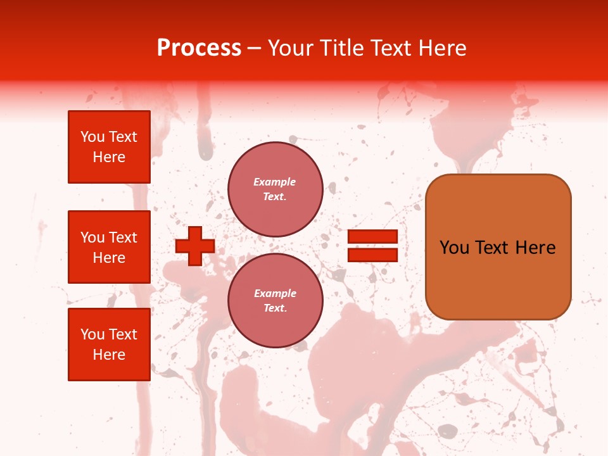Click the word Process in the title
click(199, 48)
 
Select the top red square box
click(109, 147)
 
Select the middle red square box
click(109, 247)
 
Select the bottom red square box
click(109, 345)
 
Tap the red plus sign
click(194, 246)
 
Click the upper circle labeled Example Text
click(275, 189)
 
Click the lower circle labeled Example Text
click(275, 301)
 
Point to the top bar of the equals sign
click(372, 237)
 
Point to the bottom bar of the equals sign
click(372, 255)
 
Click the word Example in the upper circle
click(274, 182)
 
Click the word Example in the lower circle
click(275, 293)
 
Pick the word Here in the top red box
click(109, 157)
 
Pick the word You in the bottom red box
click(92, 334)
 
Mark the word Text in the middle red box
click(122, 237)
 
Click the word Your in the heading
click(290, 48)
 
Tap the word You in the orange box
click(454, 248)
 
